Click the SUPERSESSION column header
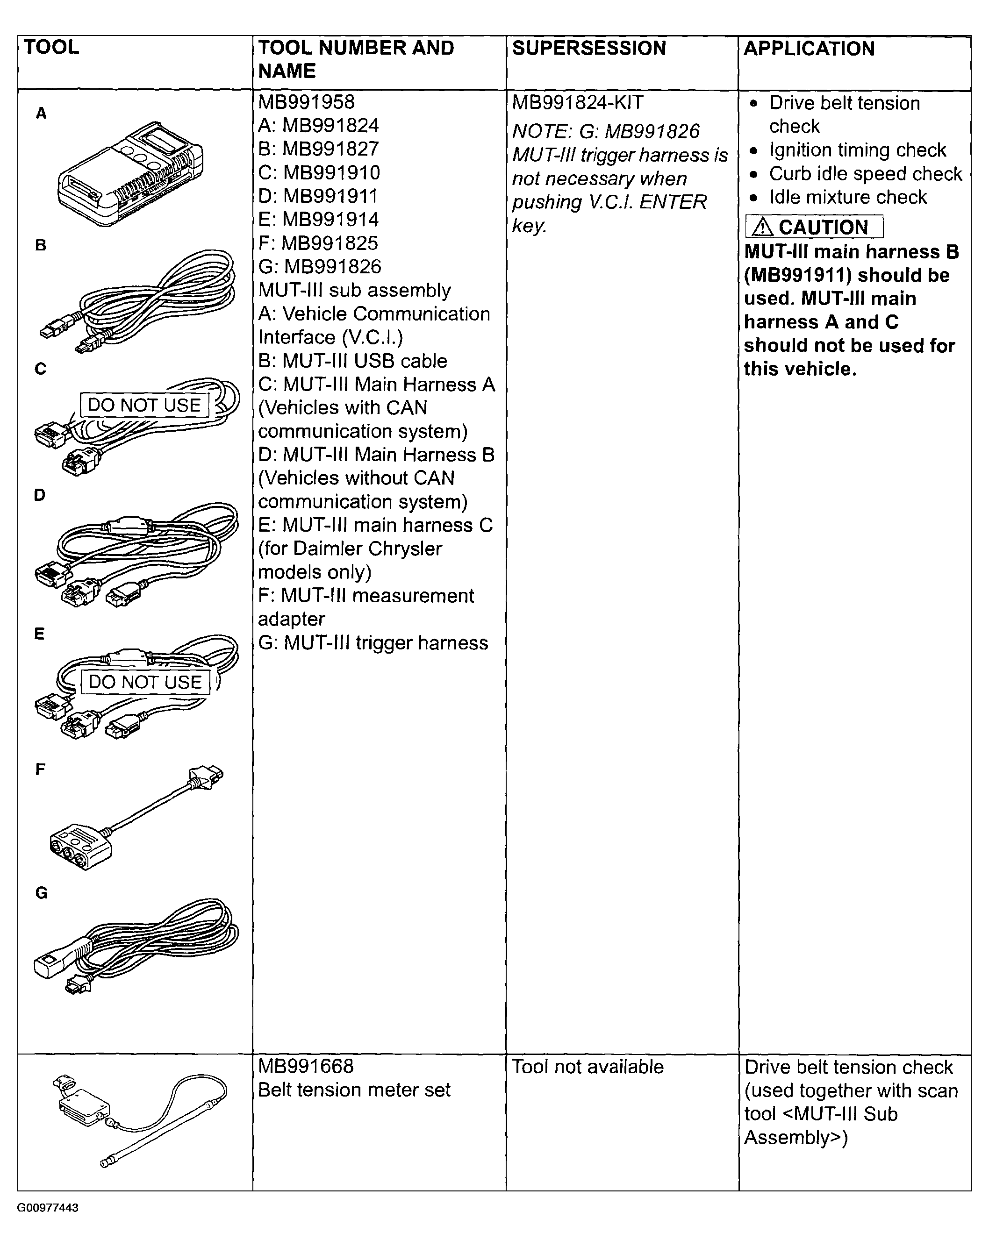pyautogui.click(x=588, y=48)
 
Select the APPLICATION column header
pyautogui.click(x=809, y=49)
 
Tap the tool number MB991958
pyautogui.click(x=306, y=102)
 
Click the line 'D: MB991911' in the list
pyautogui.click(x=318, y=196)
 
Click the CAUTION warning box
pyautogui.click(x=814, y=227)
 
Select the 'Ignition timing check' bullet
pyautogui.click(x=857, y=150)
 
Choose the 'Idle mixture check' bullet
pyautogui.click(x=847, y=197)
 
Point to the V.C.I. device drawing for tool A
pyautogui.click(x=130, y=173)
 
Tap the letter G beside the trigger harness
pyautogui.click(x=41, y=893)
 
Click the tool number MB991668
pyautogui.click(x=306, y=1066)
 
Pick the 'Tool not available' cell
pyautogui.click(x=588, y=1067)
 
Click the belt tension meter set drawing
pyautogui.click(x=142, y=1119)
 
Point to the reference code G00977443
pyautogui.click(x=48, y=1208)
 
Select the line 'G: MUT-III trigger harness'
pyautogui.click(x=373, y=642)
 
